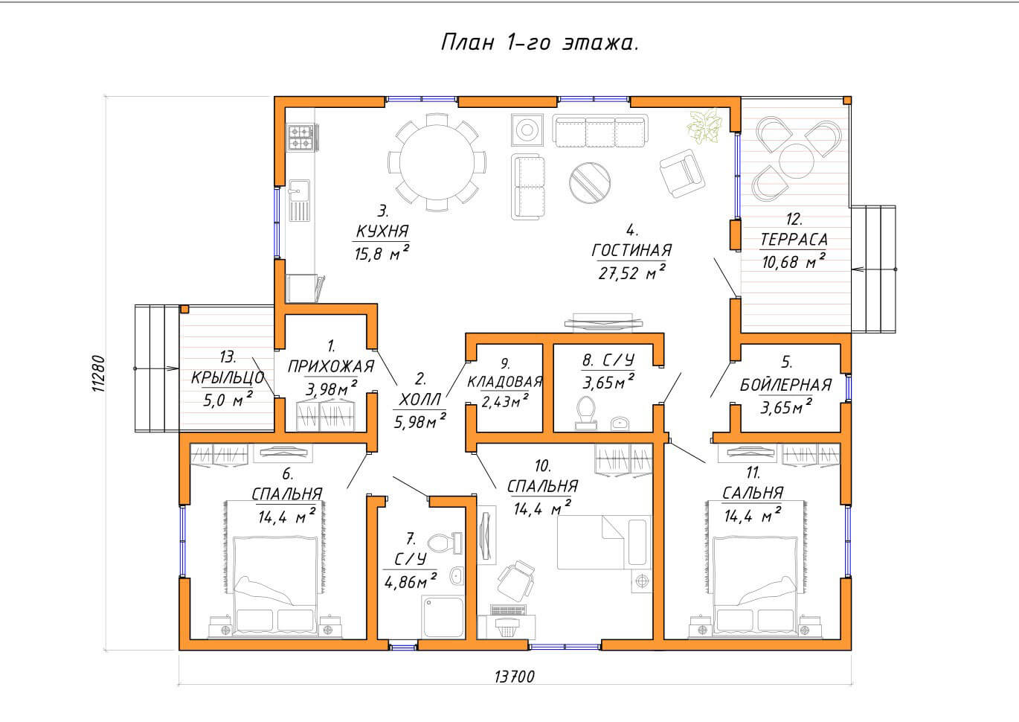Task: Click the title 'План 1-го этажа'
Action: point(540,42)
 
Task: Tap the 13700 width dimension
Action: point(515,677)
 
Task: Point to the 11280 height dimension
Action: point(99,374)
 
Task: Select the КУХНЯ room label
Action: point(382,231)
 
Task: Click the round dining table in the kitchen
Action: point(437,162)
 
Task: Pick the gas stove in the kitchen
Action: point(301,138)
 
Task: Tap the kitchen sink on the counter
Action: point(299,200)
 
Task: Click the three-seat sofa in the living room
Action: point(600,131)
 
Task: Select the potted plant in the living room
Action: point(704,125)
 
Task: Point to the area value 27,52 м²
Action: point(631,272)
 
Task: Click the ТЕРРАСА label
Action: point(794,240)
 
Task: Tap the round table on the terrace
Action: point(796,161)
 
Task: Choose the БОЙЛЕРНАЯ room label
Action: point(785,385)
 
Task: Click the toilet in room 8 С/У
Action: point(586,412)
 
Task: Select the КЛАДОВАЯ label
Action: point(505,382)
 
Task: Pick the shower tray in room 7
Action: point(443,617)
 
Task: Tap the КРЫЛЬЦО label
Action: point(228,377)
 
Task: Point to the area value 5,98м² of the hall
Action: point(420,421)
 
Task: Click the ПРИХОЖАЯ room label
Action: point(331,366)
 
